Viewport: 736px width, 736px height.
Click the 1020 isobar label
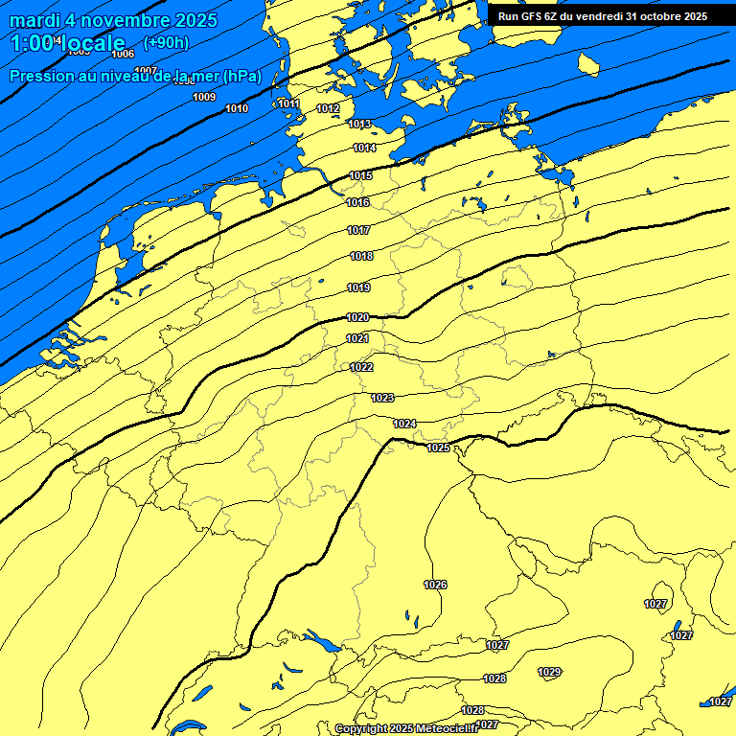357,317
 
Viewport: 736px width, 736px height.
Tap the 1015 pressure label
360,175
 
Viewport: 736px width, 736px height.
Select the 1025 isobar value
438,448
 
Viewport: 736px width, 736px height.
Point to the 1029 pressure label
549,672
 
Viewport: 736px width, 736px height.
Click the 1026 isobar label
435,585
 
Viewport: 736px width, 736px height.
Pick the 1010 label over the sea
237,108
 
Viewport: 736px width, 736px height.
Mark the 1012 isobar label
328,108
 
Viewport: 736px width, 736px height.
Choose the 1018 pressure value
361,256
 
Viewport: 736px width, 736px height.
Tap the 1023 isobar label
382,398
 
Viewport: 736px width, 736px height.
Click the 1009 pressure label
204,97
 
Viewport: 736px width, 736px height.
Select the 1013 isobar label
359,124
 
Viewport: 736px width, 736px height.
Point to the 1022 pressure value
361,367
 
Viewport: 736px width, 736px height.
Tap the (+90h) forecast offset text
166,42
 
